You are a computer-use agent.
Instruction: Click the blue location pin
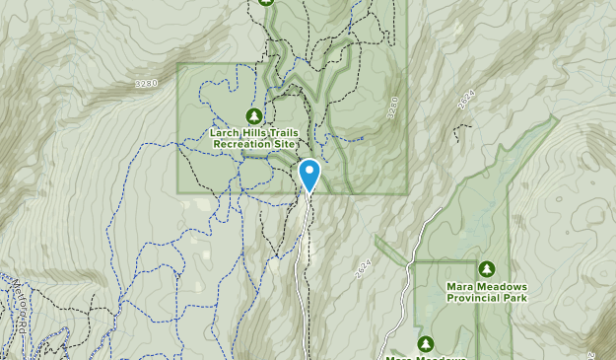(x=309, y=174)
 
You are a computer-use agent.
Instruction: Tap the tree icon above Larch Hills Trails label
(x=253, y=114)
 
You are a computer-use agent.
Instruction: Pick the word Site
(x=285, y=143)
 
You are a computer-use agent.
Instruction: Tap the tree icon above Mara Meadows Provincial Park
(x=486, y=268)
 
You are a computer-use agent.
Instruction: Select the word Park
(x=514, y=297)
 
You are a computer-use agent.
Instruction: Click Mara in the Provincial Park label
(x=459, y=285)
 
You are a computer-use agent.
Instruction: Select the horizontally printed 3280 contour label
(x=145, y=85)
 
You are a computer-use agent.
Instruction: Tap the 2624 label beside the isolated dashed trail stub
(x=467, y=99)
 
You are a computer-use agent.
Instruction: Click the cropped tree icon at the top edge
(x=265, y=2)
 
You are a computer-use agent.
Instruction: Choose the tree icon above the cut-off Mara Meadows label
(x=425, y=343)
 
